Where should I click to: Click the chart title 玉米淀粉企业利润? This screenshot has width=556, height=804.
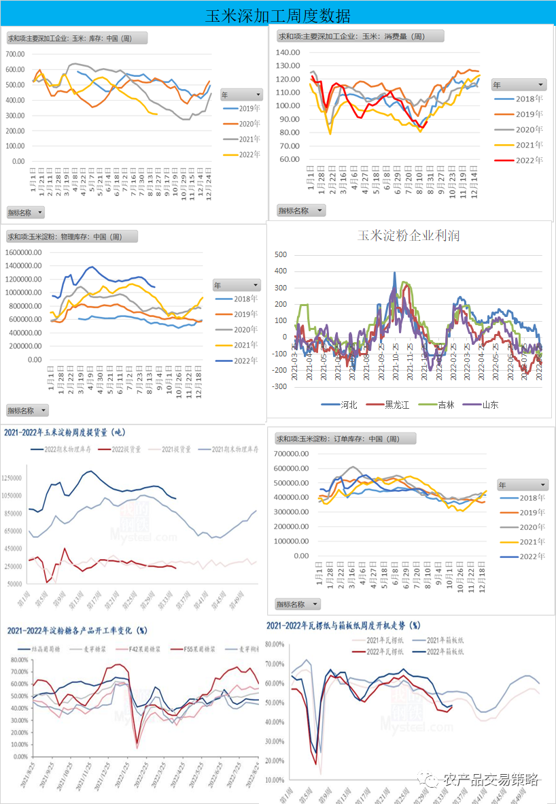[409, 236]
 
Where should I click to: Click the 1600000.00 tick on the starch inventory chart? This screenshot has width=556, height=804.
[24, 252]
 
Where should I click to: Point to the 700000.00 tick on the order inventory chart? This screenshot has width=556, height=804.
[293, 454]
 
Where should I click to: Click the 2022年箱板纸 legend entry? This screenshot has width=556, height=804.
[445, 652]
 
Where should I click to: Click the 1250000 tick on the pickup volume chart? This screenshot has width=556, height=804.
[16, 478]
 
